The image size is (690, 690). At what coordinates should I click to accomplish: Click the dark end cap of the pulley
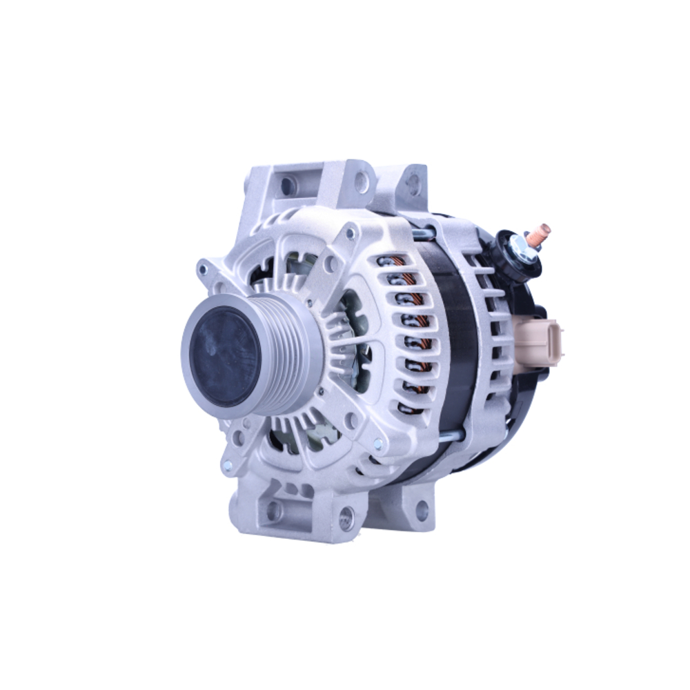pos(225,357)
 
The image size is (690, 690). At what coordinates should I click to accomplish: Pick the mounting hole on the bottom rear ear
pos(421,509)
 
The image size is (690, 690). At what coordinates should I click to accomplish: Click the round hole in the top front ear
pos(361,181)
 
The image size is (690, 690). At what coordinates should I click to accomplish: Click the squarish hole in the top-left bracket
pos(288,185)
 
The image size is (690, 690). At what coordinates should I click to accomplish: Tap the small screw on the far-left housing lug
pos(203,268)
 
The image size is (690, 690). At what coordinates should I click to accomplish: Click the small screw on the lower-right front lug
pos(377,444)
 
